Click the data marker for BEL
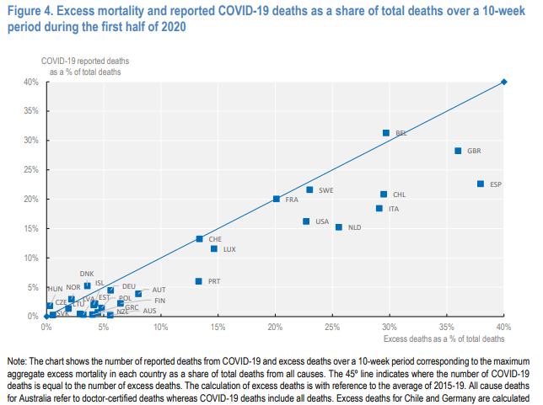(x=386, y=133)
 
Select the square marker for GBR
(x=458, y=151)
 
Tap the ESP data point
(x=481, y=184)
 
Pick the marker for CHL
(x=384, y=194)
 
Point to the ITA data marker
(x=379, y=208)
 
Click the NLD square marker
(x=339, y=226)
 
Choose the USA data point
(x=306, y=221)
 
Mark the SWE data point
(x=309, y=189)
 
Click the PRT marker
(x=199, y=281)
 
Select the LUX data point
(x=214, y=249)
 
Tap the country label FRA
(x=292, y=200)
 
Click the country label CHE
(x=215, y=239)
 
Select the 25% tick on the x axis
(x=332, y=327)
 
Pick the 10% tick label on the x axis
(x=160, y=327)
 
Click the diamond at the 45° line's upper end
(x=503, y=82)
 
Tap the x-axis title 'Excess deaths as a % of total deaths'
(x=444, y=338)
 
